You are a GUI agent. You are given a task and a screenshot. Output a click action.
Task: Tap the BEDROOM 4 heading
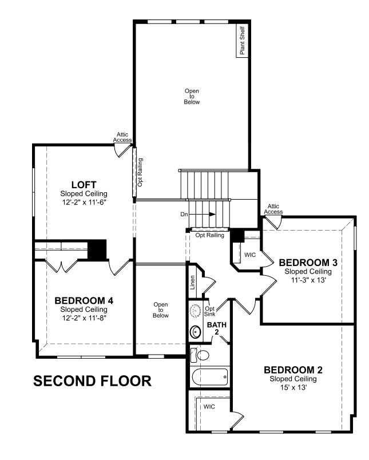click(84, 301)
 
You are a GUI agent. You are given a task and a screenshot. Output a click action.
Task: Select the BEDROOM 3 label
click(308, 263)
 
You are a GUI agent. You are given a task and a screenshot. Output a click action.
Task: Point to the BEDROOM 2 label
click(293, 370)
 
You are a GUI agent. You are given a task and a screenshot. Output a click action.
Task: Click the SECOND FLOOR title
click(93, 381)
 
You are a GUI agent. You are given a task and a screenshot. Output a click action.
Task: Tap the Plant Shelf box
click(243, 41)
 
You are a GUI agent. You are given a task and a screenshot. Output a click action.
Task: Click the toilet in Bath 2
click(200, 355)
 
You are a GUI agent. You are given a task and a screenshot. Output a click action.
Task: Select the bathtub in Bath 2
click(210, 377)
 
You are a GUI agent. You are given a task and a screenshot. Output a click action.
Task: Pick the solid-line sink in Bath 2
click(195, 332)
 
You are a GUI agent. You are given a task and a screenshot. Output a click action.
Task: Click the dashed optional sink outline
click(195, 310)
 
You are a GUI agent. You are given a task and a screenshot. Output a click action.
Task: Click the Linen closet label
click(192, 282)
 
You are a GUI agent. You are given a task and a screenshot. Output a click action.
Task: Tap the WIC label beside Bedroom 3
click(250, 255)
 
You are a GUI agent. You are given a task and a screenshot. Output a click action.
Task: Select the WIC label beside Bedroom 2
click(209, 407)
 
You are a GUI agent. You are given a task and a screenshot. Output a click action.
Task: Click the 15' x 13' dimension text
click(293, 387)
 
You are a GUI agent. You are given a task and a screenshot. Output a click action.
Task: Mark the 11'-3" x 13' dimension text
click(308, 280)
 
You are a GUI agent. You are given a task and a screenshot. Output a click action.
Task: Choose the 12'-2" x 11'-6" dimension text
click(84, 202)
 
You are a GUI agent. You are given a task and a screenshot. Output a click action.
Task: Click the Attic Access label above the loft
click(122, 137)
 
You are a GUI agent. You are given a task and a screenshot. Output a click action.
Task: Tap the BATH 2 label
click(217, 328)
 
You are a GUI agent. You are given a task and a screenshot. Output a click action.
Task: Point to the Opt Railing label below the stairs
click(210, 235)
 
